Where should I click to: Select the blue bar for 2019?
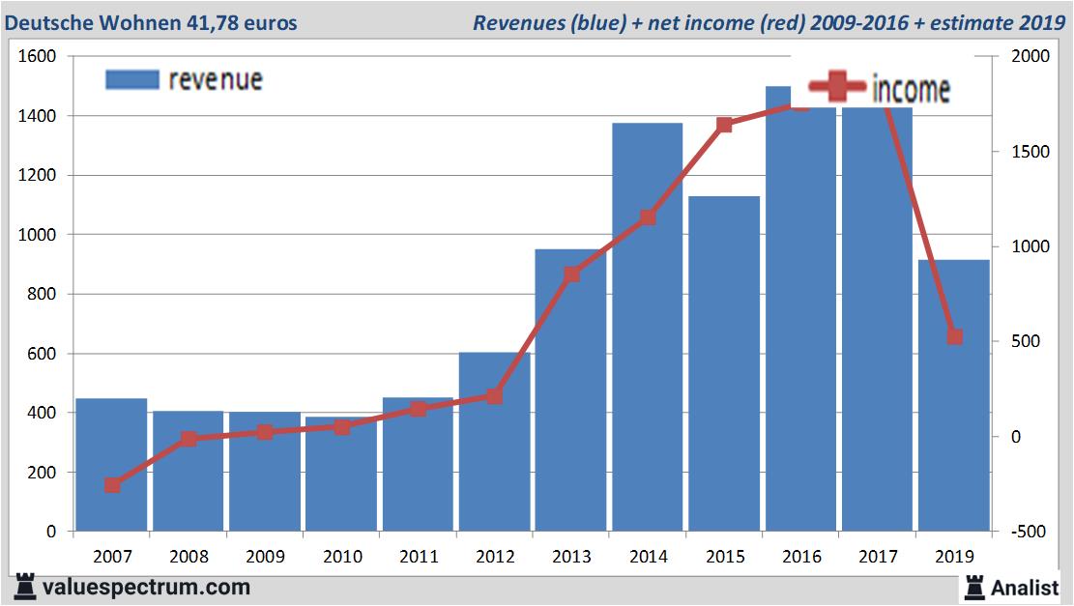pyautogui.click(x=954, y=395)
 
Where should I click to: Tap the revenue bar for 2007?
pyautogui.click(x=111, y=465)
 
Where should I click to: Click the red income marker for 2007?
pyautogui.click(x=112, y=485)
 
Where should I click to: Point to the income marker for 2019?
pyautogui.click(x=954, y=336)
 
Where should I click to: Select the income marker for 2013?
pyautogui.click(x=571, y=274)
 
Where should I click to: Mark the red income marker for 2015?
pyautogui.click(x=724, y=125)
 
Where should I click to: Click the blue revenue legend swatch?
pyautogui.click(x=131, y=79)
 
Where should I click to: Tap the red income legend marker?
pyautogui.click(x=837, y=89)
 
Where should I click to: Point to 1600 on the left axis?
pyautogui.click(x=39, y=57)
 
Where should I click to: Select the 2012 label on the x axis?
pyautogui.click(x=495, y=557)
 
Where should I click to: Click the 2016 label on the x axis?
pyautogui.click(x=801, y=557)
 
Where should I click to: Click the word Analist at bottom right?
pyautogui.click(x=1026, y=587)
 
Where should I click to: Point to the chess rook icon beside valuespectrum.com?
pyautogui.click(x=26, y=587)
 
